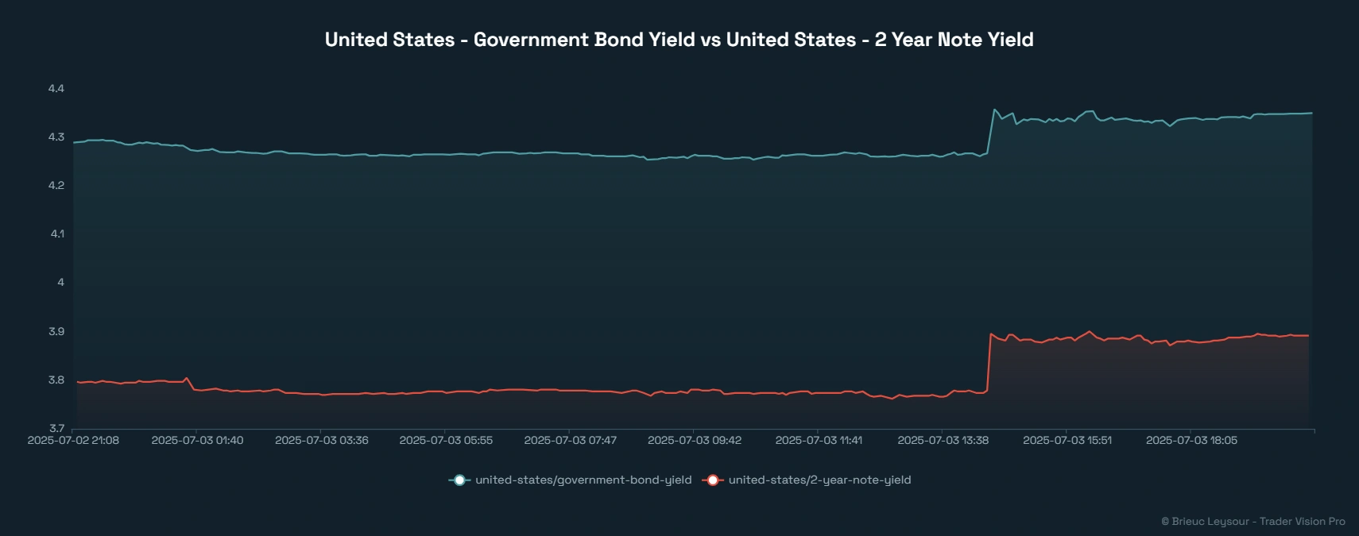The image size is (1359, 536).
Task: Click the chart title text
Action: point(679,40)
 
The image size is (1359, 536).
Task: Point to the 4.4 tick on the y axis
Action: point(56,88)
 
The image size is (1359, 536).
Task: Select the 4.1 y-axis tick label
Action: point(56,234)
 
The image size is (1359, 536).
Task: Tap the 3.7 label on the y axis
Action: point(56,428)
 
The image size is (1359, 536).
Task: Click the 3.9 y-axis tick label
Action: point(56,331)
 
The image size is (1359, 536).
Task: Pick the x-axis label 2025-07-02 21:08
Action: point(73,440)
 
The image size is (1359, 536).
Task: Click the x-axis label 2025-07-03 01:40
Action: point(197,440)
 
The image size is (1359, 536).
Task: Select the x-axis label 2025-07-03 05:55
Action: point(446,440)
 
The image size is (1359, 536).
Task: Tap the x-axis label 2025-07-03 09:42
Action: point(695,440)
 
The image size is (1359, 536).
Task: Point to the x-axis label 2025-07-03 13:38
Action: point(943,440)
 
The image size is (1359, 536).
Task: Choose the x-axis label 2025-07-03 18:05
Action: point(1191,440)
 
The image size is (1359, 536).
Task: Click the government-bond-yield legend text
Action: point(583,480)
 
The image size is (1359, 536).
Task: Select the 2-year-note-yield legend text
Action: point(819,480)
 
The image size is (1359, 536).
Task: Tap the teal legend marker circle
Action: point(459,480)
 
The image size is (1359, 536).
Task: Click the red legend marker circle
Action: point(713,480)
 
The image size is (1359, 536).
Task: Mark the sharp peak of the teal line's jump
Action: point(994,110)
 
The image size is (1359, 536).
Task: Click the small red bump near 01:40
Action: point(187,378)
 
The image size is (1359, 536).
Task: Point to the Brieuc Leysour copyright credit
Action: point(1253,522)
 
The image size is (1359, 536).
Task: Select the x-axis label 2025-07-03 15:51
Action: point(1067,440)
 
